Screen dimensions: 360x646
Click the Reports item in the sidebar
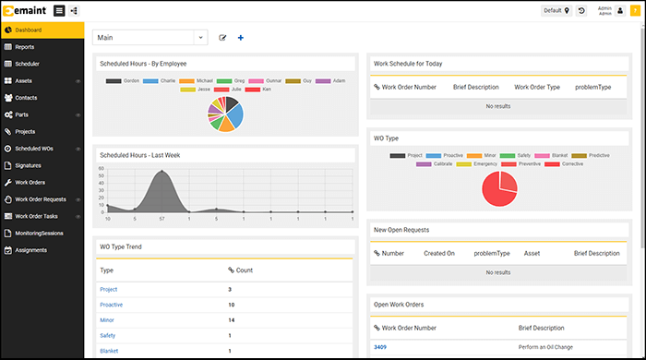click(x=25, y=46)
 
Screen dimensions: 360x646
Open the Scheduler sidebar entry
click(x=27, y=64)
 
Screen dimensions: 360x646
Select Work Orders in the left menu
click(x=30, y=182)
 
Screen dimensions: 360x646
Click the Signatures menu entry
click(x=29, y=165)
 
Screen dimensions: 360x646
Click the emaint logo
click(x=25, y=10)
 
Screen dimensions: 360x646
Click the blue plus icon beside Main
click(x=241, y=38)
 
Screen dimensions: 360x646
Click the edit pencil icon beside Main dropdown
click(x=223, y=38)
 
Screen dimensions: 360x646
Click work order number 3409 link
click(x=380, y=346)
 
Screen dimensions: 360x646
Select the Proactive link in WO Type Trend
click(x=112, y=304)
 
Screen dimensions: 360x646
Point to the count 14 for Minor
click(x=232, y=319)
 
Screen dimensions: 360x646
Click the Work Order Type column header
click(x=537, y=88)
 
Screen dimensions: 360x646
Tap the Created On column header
click(x=439, y=252)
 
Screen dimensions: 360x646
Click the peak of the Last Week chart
click(x=162, y=171)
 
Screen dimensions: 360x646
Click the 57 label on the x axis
click(x=162, y=219)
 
